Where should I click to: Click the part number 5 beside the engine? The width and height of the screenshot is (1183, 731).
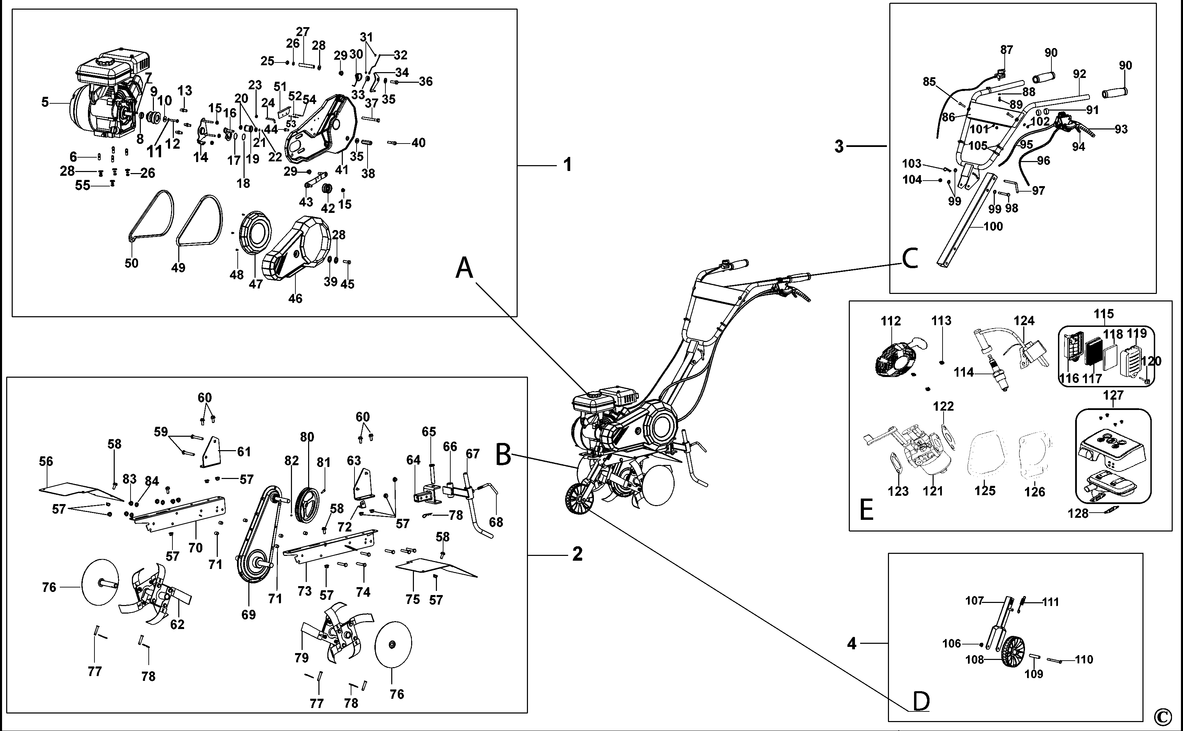(45, 102)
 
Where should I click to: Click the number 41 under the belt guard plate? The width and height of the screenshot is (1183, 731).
(341, 170)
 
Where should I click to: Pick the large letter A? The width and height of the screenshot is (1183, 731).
(464, 268)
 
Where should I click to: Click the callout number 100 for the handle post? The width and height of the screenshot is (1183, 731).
(993, 226)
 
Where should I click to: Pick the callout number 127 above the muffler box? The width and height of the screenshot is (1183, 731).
(1113, 396)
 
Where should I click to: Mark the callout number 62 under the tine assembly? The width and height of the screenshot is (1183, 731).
(177, 624)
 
